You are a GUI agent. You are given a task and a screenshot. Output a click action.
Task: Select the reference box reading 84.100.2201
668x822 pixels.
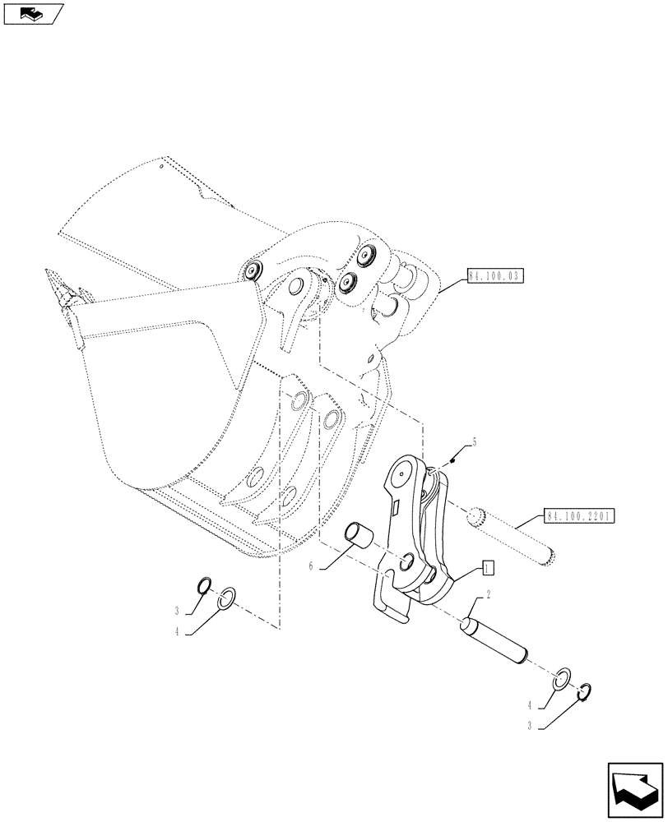click(578, 517)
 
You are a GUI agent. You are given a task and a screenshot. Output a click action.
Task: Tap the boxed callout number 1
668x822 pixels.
click(487, 567)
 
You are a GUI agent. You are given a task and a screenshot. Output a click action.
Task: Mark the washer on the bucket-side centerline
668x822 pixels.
click(229, 598)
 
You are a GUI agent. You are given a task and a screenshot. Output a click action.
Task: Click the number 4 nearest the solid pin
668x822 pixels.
click(531, 704)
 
